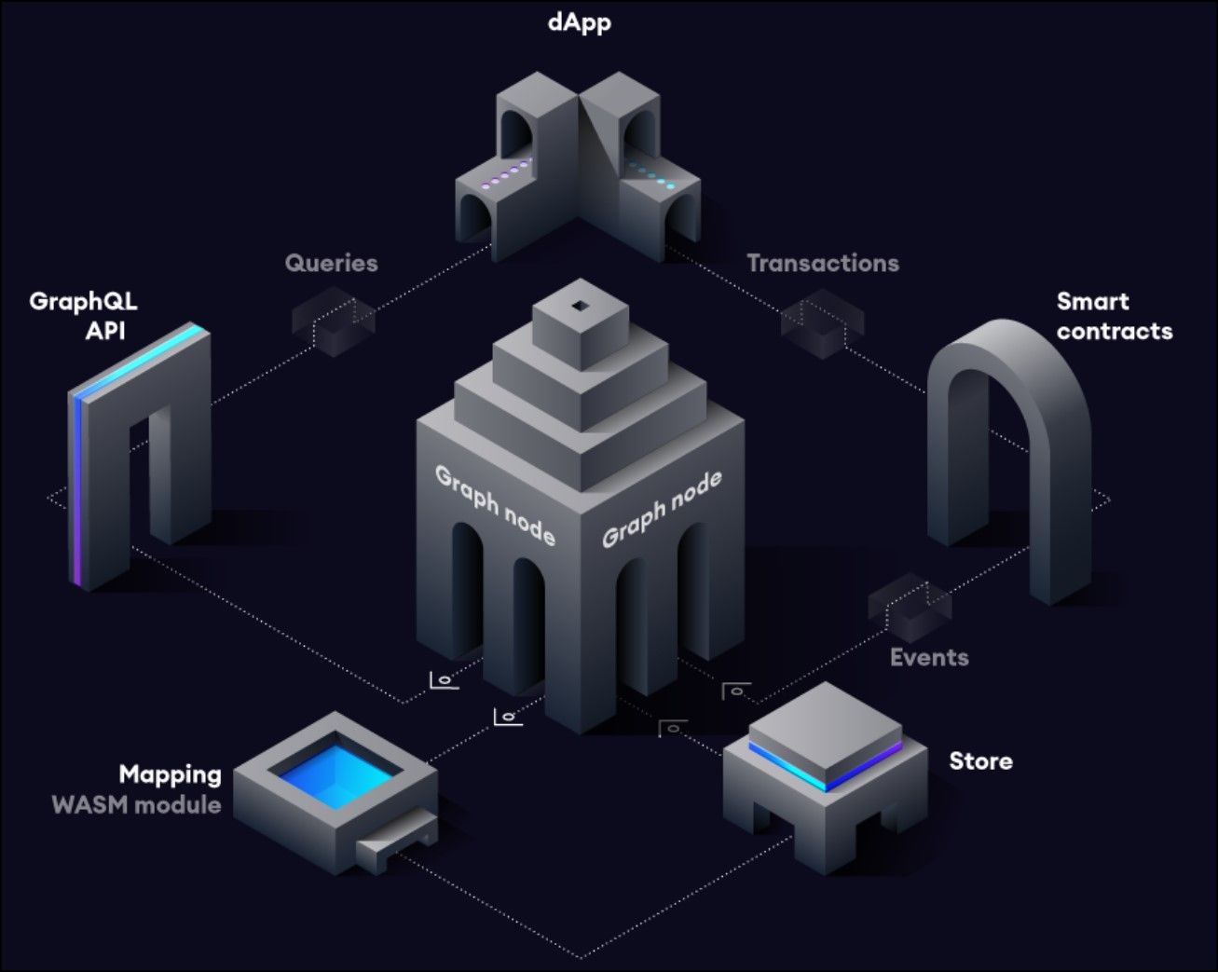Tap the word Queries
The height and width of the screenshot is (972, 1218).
[331, 263]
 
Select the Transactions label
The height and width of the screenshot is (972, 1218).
[822, 263]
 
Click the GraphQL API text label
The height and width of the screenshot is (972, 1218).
[83, 316]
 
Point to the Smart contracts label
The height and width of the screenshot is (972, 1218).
[1114, 316]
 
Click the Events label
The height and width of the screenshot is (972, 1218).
[928, 657]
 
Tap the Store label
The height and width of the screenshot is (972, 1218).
[980, 760]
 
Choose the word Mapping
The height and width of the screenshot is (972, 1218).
[170, 774]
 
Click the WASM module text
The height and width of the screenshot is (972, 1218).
[136, 804]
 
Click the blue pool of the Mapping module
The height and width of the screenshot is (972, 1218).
[334, 772]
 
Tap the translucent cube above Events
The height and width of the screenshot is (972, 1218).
[909, 607]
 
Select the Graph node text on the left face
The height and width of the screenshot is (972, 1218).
[495, 505]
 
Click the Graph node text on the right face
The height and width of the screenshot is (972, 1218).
[662, 508]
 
